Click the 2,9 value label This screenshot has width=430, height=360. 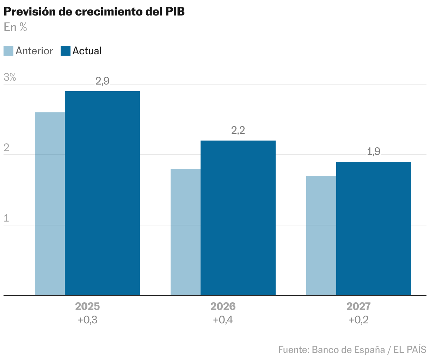pos(103,81)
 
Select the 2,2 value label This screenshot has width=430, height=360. pos(238,131)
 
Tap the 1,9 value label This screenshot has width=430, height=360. pos(374,152)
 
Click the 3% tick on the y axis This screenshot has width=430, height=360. pos(10,77)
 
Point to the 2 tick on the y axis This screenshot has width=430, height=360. pos(6,148)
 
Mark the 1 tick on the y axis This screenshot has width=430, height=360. pos(6,218)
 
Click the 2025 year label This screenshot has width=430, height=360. pos(87,306)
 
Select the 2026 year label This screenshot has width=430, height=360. pos(223,306)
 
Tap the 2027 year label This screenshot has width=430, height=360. pos(358,306)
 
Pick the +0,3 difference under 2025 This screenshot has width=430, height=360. pos(87,320)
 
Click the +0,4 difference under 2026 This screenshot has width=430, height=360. pos(223,320)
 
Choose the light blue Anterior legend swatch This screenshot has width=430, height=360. pos(8,51)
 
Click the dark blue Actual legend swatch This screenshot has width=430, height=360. pos(66,51)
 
